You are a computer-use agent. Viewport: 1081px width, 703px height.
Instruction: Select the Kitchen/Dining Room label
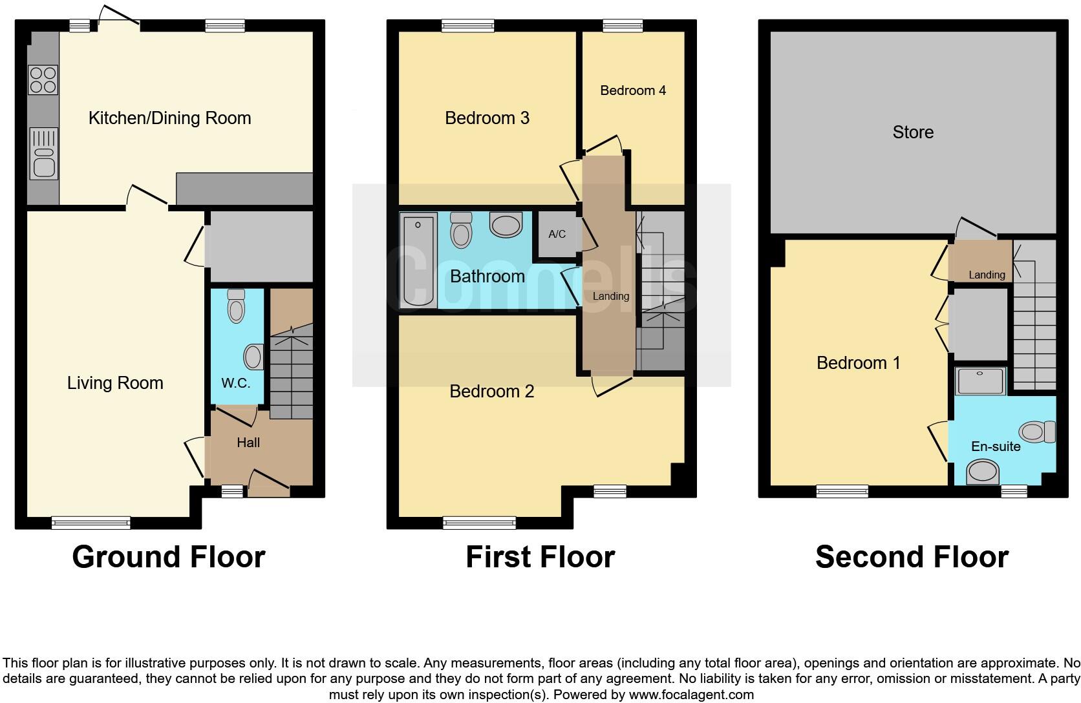pos(169,118)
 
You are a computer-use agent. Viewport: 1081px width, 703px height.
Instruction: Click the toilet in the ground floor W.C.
pos(237,306)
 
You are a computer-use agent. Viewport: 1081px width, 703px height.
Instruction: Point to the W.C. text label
pos(235,383)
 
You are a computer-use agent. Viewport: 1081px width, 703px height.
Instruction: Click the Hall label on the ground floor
pos(248,443)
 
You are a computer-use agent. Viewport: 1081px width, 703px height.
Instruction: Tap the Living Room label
pos(115,383)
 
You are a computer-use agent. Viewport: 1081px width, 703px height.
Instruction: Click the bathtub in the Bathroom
pos(418,262)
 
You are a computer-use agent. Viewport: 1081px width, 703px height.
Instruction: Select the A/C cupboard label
pos(557,235)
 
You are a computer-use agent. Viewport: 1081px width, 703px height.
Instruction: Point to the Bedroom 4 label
pos(633,90)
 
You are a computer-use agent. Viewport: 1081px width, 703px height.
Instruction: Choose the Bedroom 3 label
pos(487,118)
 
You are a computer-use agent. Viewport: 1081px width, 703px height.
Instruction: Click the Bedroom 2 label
pos(491,392)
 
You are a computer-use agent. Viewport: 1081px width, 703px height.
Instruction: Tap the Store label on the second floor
pos(913,132)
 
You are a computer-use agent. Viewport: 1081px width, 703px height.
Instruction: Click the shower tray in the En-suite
pos(981,381)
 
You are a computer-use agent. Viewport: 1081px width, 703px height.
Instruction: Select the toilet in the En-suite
pos(1038,432)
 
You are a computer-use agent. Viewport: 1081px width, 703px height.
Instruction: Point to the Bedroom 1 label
pos(858,363)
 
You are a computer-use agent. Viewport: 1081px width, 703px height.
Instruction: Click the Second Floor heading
pos(912,557)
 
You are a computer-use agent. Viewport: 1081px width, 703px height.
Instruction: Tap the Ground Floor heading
pos(169,557)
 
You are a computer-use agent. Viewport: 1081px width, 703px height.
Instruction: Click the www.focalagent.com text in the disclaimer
pos(690,695)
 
